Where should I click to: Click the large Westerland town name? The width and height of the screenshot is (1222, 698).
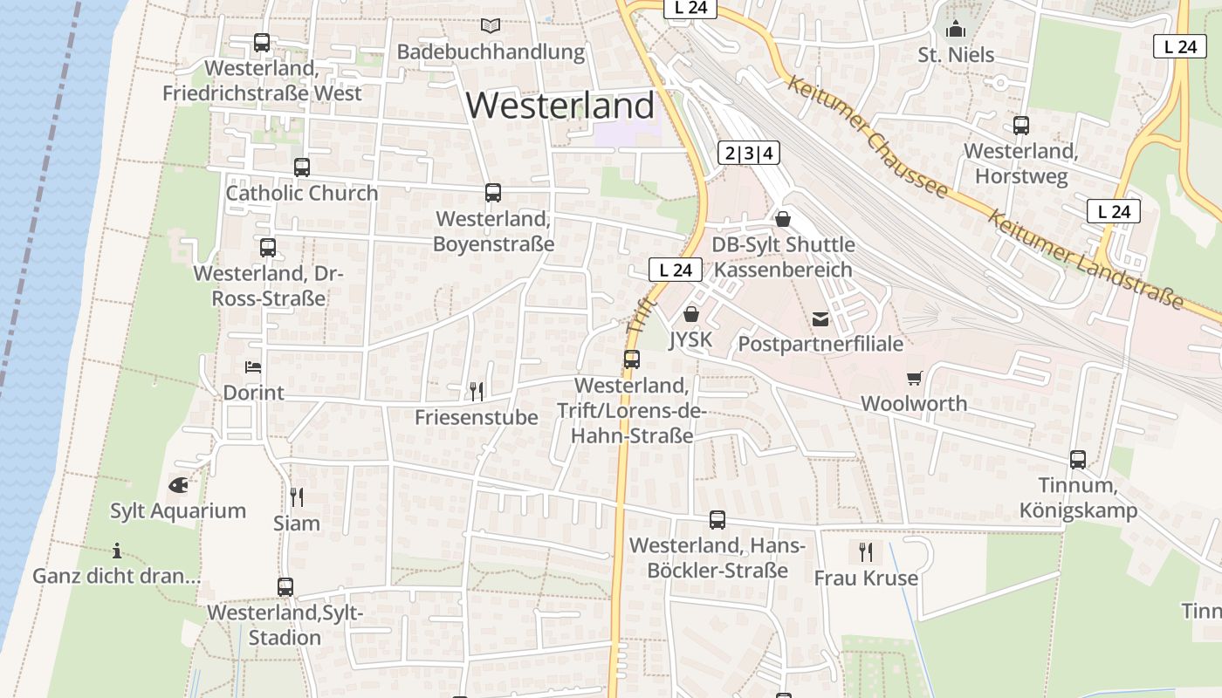click(560, 106)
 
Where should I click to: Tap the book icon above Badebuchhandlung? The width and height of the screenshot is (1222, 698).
click(491, 26)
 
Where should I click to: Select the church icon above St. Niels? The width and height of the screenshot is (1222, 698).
click(956, 30)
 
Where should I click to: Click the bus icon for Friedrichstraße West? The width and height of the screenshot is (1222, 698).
click(261, 42)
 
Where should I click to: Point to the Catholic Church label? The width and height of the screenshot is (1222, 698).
click(302, 193)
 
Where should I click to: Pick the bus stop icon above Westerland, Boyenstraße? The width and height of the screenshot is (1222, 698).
click(493, 193)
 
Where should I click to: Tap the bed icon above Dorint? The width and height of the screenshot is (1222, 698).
click(253, 367)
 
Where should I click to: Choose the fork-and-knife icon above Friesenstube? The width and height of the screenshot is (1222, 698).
click(477, 391)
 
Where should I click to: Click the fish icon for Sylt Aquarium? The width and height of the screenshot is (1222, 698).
click(178, 485)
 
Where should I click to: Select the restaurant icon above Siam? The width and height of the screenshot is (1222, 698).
click(297, 497)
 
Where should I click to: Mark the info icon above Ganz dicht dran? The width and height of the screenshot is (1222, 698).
click(117, 551)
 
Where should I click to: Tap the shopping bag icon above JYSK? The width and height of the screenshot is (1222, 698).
click(691, 314)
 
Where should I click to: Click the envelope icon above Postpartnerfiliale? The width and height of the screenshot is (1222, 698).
click(820, 318)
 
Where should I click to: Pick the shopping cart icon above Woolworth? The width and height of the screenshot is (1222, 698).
click(914, 378)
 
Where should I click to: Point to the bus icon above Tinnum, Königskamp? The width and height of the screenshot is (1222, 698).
click(1078, 460)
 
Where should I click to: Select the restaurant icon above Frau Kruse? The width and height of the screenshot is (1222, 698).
click(866, 551)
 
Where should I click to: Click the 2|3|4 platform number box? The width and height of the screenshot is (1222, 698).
click(748, 154)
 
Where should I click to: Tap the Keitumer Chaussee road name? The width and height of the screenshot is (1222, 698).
click(867, 137)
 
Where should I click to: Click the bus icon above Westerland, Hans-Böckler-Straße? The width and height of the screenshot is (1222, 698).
click(717, 520)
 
